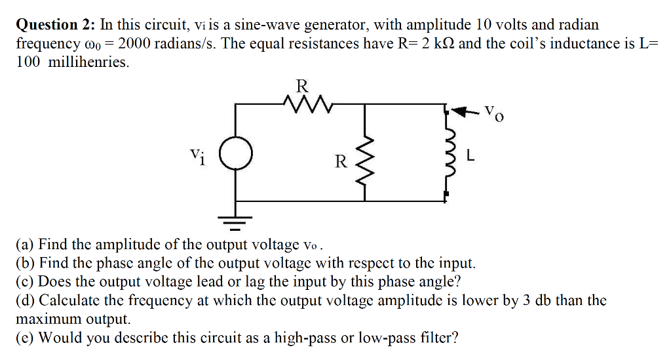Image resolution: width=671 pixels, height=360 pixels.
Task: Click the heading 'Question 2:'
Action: pyautogui.click(x=56, y=25)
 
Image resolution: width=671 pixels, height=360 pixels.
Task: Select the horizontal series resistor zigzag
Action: pyautogui.click(x=301, y=103)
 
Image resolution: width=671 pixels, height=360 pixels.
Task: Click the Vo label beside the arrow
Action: pyautogui.click(x=493, y=113)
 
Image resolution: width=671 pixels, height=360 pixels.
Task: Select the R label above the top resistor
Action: pyautogui.click(x=301, y=85)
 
